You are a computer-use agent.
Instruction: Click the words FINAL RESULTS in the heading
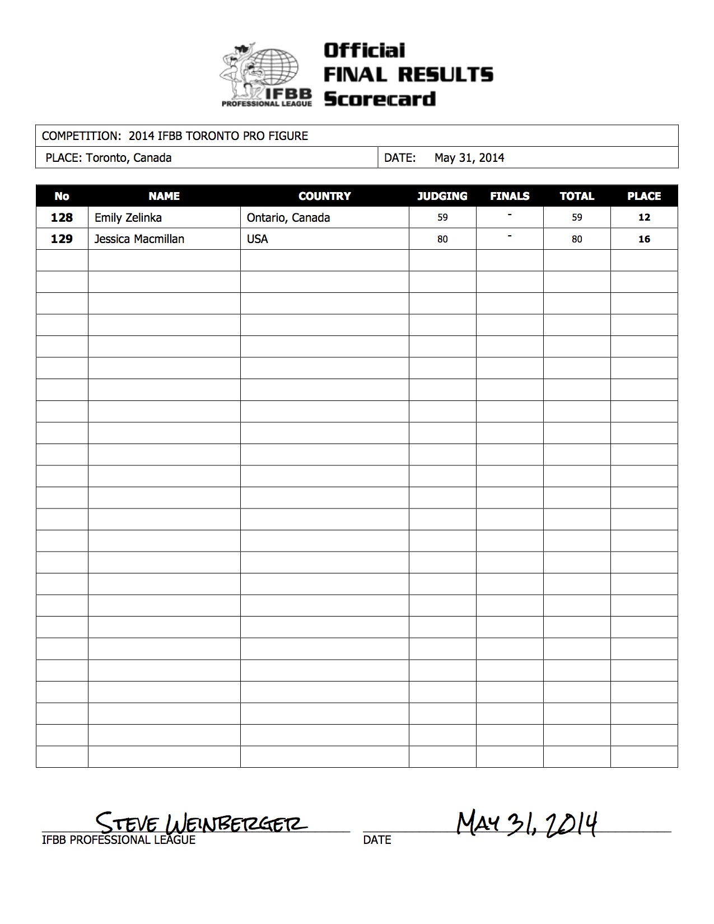click(408, 74)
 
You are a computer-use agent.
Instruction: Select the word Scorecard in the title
click(380, 99)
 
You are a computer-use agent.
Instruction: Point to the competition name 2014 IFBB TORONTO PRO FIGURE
click(218, 136)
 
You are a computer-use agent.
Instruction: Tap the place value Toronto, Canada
click(129, 158)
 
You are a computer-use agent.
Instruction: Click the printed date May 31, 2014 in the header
click(469, 158)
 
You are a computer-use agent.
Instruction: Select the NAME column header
click(164, 196)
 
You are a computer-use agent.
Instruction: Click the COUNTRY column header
click(324, 196)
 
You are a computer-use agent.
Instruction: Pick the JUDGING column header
click(442, 196)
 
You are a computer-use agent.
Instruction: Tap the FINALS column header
click(510, 196)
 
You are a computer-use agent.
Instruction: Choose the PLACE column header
click(644, 196)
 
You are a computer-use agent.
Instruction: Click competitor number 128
click(62, 217)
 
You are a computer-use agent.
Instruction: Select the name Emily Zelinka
click(128, 217)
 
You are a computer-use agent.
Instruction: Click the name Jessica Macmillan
click(139, 239)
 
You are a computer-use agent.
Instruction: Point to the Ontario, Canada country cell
click(288, 217)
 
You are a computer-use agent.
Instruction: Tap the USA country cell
click(257, 239)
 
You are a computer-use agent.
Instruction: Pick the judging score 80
click(442, 239)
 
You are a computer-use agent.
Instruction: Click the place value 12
click(644, 217)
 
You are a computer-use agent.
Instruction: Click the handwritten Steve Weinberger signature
click(200, 823)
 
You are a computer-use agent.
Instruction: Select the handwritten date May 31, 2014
click(526, 823)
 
